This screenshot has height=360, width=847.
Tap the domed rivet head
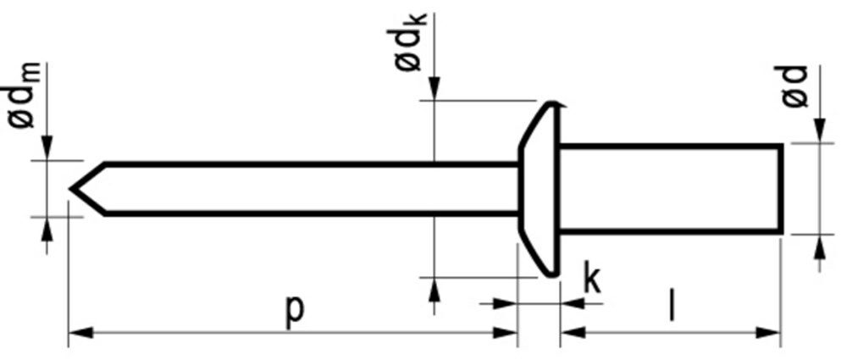539,188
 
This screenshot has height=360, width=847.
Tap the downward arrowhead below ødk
434,90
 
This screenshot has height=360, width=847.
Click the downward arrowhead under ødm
48,149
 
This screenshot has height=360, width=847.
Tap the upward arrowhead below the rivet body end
819,247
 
